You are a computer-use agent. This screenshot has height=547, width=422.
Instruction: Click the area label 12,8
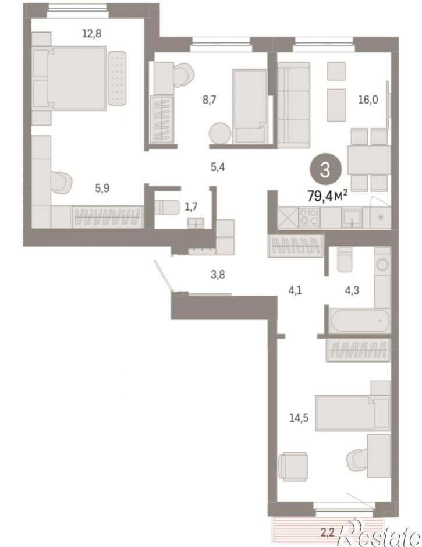coord(91,34)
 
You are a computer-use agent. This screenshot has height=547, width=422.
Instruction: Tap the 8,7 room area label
coord(210,100)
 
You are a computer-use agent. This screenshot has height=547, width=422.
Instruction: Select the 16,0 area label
coord(368,100)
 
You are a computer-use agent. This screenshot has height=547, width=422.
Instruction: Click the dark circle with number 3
coord(325,171)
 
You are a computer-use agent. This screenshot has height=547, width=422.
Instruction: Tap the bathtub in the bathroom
coord(360,320)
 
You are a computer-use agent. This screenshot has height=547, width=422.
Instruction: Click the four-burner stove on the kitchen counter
coord(310,217)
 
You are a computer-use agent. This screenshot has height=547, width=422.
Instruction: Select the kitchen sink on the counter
coord(352,217)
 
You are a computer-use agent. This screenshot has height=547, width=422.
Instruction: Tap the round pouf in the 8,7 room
coord(220,133)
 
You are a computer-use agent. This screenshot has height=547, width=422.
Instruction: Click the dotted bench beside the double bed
coord(117,78)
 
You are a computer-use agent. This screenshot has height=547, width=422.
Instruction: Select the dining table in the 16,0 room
coord(369,160)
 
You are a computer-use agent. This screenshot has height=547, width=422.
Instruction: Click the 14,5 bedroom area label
coord(299,418)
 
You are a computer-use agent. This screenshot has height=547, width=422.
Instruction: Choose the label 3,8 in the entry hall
coord(218,275)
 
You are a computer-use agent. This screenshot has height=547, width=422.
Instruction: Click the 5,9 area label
coord(102,189)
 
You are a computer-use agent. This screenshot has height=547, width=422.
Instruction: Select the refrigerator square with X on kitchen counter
coord(288,217)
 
